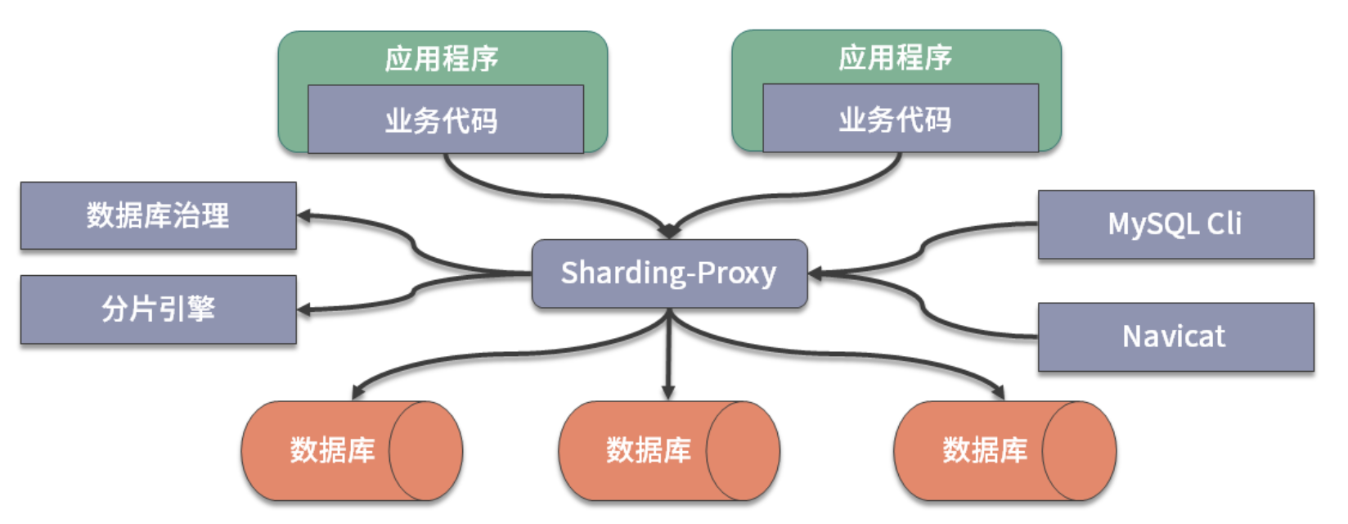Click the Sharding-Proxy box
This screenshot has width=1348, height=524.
(669, 273)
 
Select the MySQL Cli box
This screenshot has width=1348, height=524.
(1175, 224)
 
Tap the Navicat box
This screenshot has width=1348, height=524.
(1175, 337)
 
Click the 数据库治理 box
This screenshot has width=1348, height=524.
(158, 215)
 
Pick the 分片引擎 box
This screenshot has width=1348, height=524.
(158, 309)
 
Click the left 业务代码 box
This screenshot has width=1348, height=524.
(445, 120)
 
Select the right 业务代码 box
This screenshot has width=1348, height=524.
(900, 119)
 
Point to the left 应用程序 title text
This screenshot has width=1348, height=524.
(442, 58)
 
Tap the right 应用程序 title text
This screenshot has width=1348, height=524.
(896, 57)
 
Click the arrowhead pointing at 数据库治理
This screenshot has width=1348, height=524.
(304, 216)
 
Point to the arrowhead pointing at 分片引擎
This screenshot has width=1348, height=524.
(304, 310)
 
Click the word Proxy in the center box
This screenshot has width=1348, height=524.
(736, 273)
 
